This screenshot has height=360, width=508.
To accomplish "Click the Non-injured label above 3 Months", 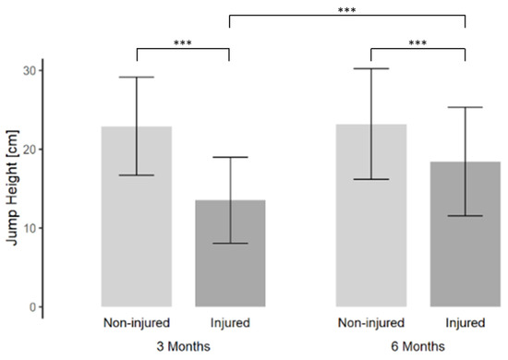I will (x=137, y=323).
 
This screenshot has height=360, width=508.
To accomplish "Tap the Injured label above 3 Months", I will (x=230, y=323).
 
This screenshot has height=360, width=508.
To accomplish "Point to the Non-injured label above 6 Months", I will (x=371, y=323).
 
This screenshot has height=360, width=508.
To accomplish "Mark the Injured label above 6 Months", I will (x=465, y=323).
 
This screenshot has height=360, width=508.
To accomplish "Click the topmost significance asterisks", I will (x=347, y=9).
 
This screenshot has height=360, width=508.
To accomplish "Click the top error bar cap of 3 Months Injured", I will (x=230, y=157).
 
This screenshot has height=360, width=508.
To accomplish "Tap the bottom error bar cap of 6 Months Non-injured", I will (x=371, y=179).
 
